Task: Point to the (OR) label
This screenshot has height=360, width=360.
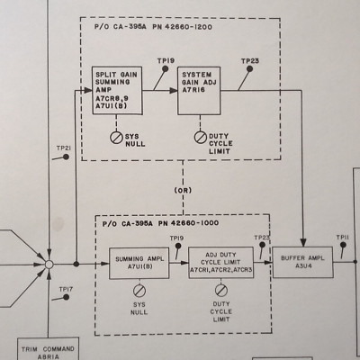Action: pos(183,190)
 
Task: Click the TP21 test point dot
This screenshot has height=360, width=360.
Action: pos(66,157)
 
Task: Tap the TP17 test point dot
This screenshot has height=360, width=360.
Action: pos(66,297)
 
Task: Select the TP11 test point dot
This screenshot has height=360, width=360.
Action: pos(343,245)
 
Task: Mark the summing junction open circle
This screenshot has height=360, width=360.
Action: pos(49,265)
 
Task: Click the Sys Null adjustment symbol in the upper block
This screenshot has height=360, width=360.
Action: pos(116,138)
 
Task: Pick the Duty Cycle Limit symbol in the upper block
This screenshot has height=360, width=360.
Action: pos(200,138)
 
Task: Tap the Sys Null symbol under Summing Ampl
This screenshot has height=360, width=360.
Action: pos(139,291)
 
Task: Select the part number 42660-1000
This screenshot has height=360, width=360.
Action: pos(194,223)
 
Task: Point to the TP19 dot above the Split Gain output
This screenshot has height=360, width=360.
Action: pos(165,69)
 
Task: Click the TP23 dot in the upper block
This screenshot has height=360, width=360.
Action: pos(249,69)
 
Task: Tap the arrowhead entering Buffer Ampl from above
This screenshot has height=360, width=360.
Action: pos(303,243)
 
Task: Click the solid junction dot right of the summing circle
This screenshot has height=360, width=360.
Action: pos(76,264)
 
